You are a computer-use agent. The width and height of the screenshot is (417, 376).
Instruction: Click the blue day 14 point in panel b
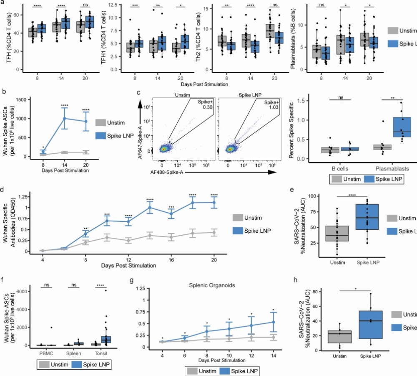coord(65,118)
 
